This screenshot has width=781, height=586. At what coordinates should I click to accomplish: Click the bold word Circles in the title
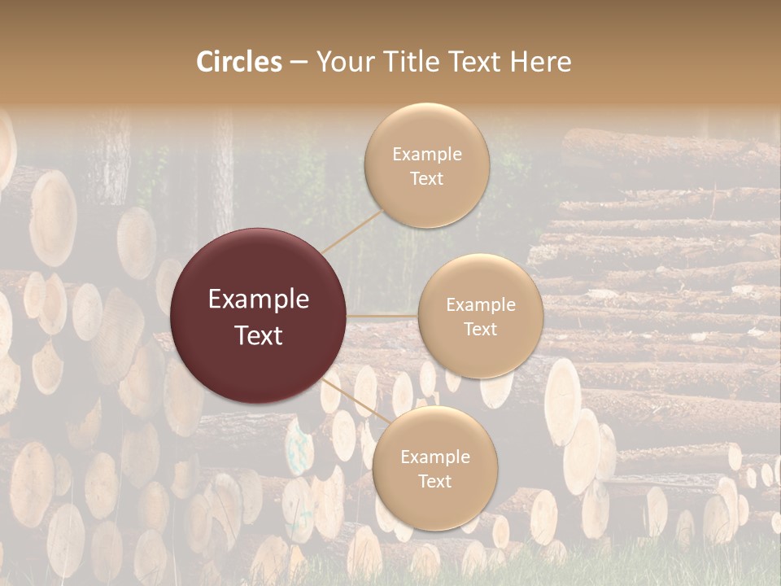pyautogui.click(x=239, y=62)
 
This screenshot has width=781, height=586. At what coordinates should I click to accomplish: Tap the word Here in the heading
pyautogui.click(x=541, y=62)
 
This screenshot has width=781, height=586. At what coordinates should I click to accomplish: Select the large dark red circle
pyautogui.click(x=259, y=316)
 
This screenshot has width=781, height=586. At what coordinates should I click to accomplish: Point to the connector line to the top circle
pyautogui.click(x=354, y=231)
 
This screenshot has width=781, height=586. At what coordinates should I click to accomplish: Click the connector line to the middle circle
pyautogui.click(x=382, y=315)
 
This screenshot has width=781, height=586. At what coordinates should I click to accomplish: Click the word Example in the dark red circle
pyautogui.click(x=259, y=300)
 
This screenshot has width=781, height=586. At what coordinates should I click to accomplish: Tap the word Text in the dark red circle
pyautogui.click(x=259, y=335)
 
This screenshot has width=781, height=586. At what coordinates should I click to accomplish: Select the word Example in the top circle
pyautogui.click(x=426, y=155)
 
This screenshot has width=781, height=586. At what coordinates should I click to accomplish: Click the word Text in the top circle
pyautogui.click(x=426, y=178)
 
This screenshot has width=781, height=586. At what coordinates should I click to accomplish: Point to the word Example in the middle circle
pyautogui.click(x=480, y=305)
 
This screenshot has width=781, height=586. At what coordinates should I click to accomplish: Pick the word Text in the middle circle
pyautogui.click(x=480, y=329)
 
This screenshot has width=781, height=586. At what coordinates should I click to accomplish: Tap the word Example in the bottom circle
pyautogui.click(x=435, y=457)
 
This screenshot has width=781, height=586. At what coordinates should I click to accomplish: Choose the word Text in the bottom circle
pyautogui.click(x=435, y=481)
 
